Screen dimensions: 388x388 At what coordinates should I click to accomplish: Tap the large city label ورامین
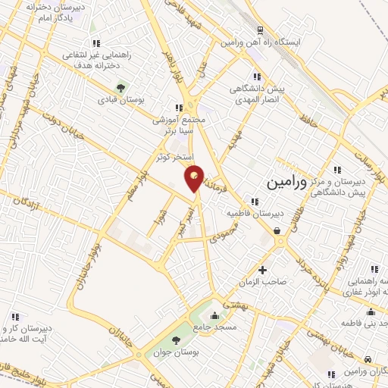[288, 183]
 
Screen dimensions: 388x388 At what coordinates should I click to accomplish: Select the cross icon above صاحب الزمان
[262, 270]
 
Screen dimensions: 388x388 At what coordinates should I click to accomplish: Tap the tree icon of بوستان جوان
[177, 341]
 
